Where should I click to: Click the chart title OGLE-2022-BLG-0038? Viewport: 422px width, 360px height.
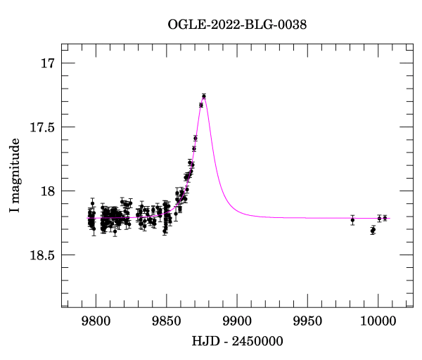click(x=237, y=25)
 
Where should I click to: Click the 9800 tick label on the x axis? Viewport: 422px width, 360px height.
click(x=95, y=322)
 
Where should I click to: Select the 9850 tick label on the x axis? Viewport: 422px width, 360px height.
click(x=166, y=322)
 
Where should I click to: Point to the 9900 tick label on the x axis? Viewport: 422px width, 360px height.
click(x=236, y=322)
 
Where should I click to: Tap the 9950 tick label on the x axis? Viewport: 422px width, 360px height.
click(x=307, y=322)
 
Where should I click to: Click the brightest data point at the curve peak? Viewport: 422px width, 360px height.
click(x=204, y=96)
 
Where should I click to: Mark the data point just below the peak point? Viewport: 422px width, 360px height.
click(x=201, y=105)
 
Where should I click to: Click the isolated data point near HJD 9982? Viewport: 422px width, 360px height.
click(x=352, y=220)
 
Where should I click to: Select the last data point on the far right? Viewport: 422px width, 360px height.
click(x=385, y=218)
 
